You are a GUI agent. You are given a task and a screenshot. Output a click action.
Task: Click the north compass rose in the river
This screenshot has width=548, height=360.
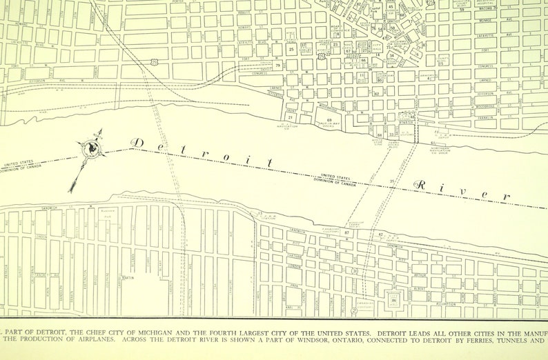click(90, 149)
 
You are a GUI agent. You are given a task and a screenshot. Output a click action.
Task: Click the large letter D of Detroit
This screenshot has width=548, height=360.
click(138, 143)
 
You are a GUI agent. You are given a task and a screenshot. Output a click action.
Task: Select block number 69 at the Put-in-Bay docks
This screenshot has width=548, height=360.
click(329, 121)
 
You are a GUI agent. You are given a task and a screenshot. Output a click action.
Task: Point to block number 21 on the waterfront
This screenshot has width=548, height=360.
click(291, 118)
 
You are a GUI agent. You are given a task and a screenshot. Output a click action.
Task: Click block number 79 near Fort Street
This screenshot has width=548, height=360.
click(277, 66)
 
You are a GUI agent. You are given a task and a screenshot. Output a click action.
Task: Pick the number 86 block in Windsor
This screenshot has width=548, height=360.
click(394, 300)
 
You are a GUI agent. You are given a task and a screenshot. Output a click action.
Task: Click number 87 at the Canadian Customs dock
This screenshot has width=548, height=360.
click(347, 233)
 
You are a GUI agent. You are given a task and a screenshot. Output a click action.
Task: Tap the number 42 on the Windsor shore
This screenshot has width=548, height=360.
click(381, 235)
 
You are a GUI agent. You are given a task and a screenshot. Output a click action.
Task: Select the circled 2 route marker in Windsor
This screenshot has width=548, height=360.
click(353, 311)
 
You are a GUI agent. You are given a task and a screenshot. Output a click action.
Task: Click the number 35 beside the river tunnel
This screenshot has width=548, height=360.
click(393, 181)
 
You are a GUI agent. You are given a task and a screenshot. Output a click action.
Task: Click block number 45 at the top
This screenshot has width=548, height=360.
click(391, 7)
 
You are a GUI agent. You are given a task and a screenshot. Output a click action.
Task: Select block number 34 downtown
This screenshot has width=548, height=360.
click(391, 54)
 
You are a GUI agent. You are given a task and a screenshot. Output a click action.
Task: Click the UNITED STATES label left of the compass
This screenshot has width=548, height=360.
click(21, 164)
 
